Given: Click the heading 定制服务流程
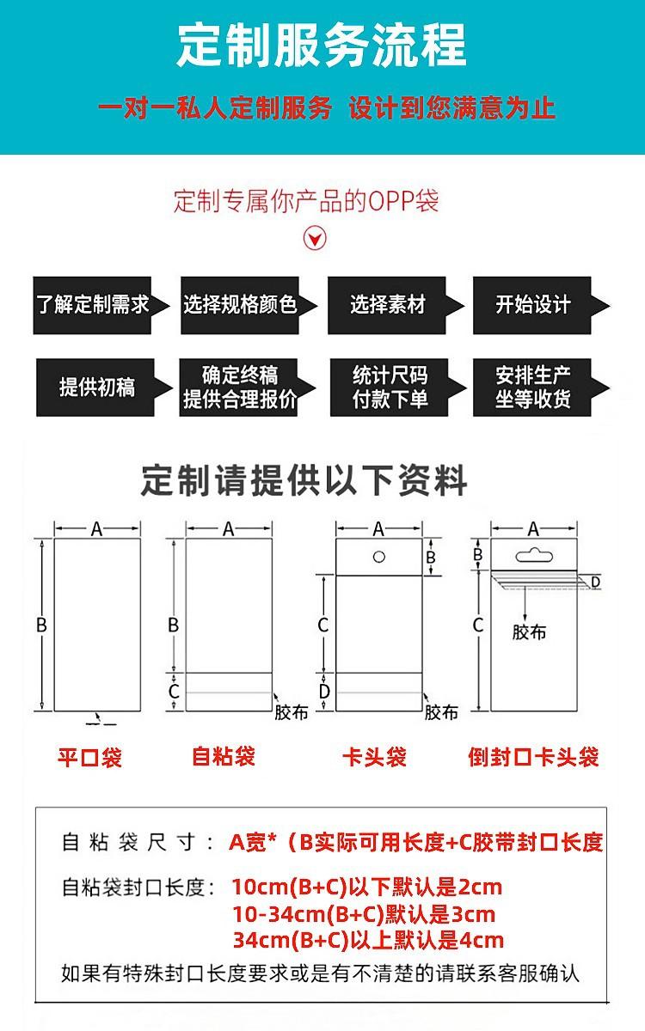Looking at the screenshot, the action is click(x=322, y=44).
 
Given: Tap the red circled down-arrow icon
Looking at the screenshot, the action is click(x=316, y=238).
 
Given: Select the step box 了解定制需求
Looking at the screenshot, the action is click(x=93, y=305).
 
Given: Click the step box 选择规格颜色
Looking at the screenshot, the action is click(x=240, y=305).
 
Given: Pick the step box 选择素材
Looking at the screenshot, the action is click(x=388, y=305).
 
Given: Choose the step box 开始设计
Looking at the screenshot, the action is click(x=533, y=305).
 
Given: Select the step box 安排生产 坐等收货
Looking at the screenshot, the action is click(x=533, y=387).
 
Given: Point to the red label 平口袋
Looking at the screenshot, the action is click(x=89, y=758).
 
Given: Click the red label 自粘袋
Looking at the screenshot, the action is click(x=224, y=756).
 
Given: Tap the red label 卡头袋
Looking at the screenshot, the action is click(x=374, y=758).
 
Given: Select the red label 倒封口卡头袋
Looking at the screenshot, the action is click(x=533, y=758).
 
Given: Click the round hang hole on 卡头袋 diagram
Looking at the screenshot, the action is click(x=378, y=557).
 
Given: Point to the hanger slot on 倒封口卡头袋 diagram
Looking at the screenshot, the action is click(x=533, y=553).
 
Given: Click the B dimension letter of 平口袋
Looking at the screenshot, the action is click(x=40, y=625).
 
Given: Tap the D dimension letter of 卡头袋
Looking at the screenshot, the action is click(x=323, y=691).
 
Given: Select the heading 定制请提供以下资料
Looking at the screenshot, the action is click(x=304, y=481).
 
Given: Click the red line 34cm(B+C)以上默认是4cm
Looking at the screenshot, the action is click(x=368, y=940).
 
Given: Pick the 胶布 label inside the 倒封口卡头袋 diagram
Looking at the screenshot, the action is click(x=529, y=633).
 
